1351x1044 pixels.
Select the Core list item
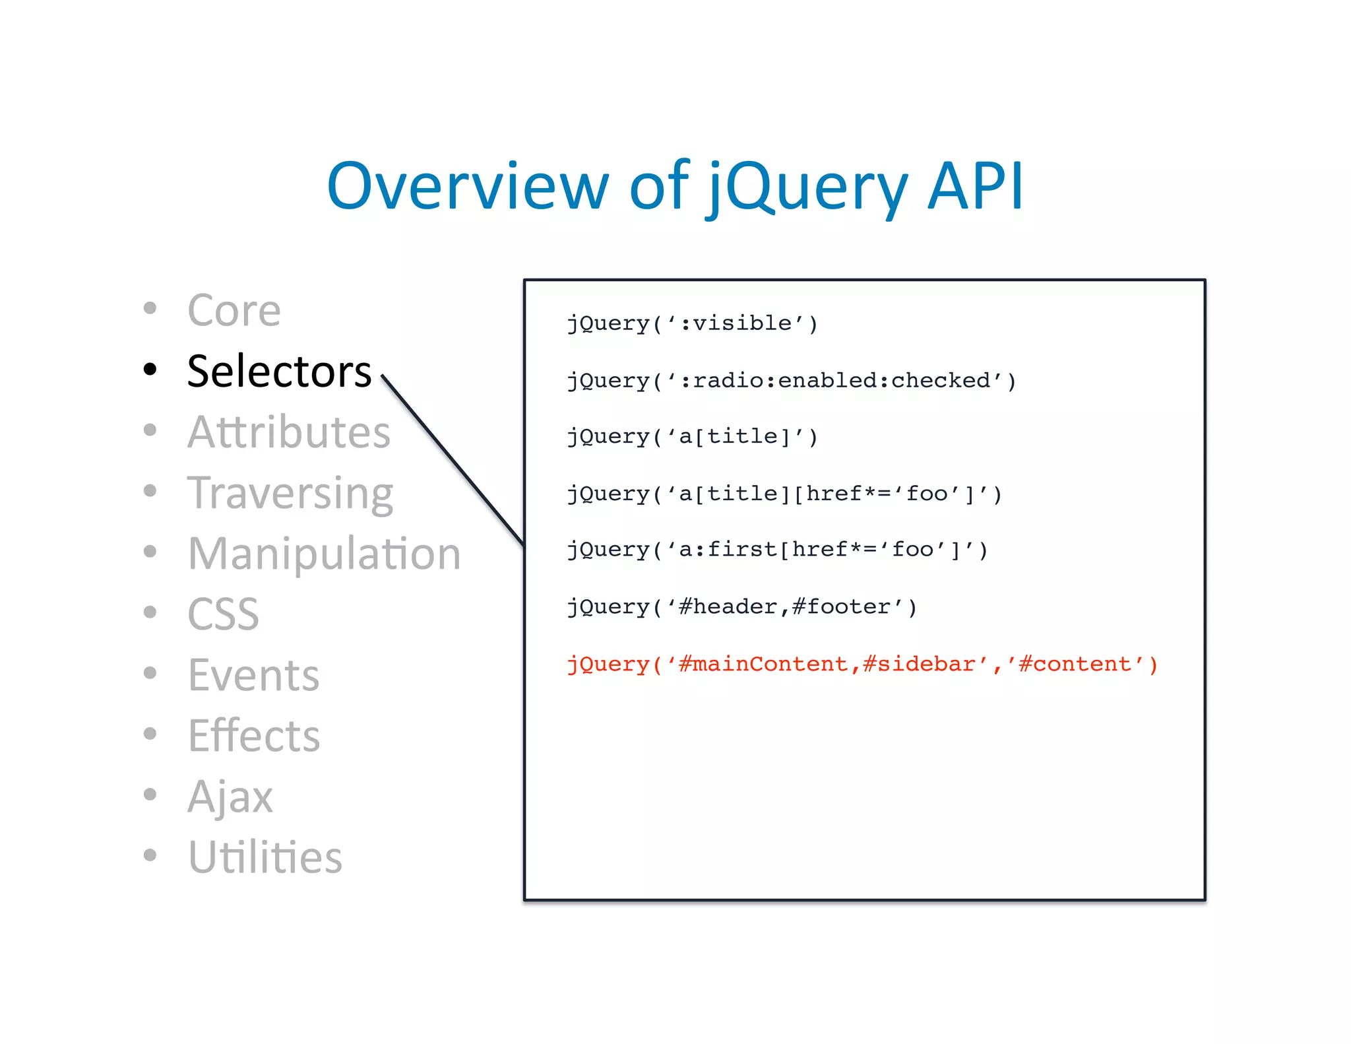point(234,310)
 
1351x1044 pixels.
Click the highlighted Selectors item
point(279,371)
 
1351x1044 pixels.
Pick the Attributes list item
point(289,432)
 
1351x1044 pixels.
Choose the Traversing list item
point(290,494)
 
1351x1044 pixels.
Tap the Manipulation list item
point(324,554)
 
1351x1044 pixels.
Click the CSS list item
point(223,614)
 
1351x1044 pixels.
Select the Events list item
point(253,675)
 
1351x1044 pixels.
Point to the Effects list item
point(254,736)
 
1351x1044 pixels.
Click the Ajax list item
point(230,797)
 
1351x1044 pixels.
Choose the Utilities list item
point(265,857)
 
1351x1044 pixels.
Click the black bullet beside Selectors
point(150,369)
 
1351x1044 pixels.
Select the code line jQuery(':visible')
point(693,323)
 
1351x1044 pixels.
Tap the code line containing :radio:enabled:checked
point(792,381)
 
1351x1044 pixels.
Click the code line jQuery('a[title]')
point(693,437)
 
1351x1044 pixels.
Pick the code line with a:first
point(777,550)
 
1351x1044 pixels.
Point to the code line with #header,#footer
point(742,607)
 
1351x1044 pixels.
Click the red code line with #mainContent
point(862,664)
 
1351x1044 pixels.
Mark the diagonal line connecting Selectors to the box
point(453,461)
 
